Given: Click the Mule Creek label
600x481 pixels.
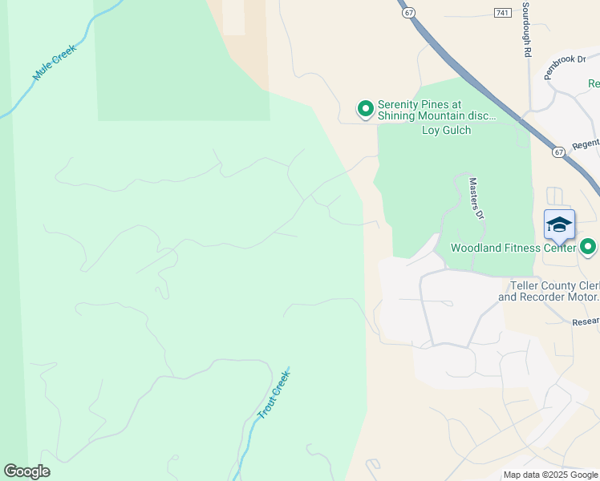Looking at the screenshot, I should coord(54,63).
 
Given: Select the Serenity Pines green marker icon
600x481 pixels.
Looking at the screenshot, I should coord(366,108).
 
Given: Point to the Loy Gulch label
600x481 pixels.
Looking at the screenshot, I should coord(446,130).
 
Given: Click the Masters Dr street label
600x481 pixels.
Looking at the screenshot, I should coord(476,198).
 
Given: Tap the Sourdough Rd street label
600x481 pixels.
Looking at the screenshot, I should coord(527,29).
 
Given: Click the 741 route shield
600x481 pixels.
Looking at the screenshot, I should coord(503,13).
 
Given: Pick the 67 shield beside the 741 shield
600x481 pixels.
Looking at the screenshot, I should coord(408,13).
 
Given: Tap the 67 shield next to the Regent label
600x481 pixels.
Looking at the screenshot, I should coord(559,151).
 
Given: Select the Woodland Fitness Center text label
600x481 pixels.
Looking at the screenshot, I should coord(513,248).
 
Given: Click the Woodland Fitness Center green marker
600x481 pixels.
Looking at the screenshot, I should coord(589,247).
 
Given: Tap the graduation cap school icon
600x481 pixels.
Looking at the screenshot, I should coord(559,224).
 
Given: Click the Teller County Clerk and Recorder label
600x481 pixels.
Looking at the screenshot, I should coord(549,291).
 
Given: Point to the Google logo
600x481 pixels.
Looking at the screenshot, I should coord(26,471).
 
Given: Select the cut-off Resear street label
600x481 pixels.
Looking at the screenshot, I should coord(585,321).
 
